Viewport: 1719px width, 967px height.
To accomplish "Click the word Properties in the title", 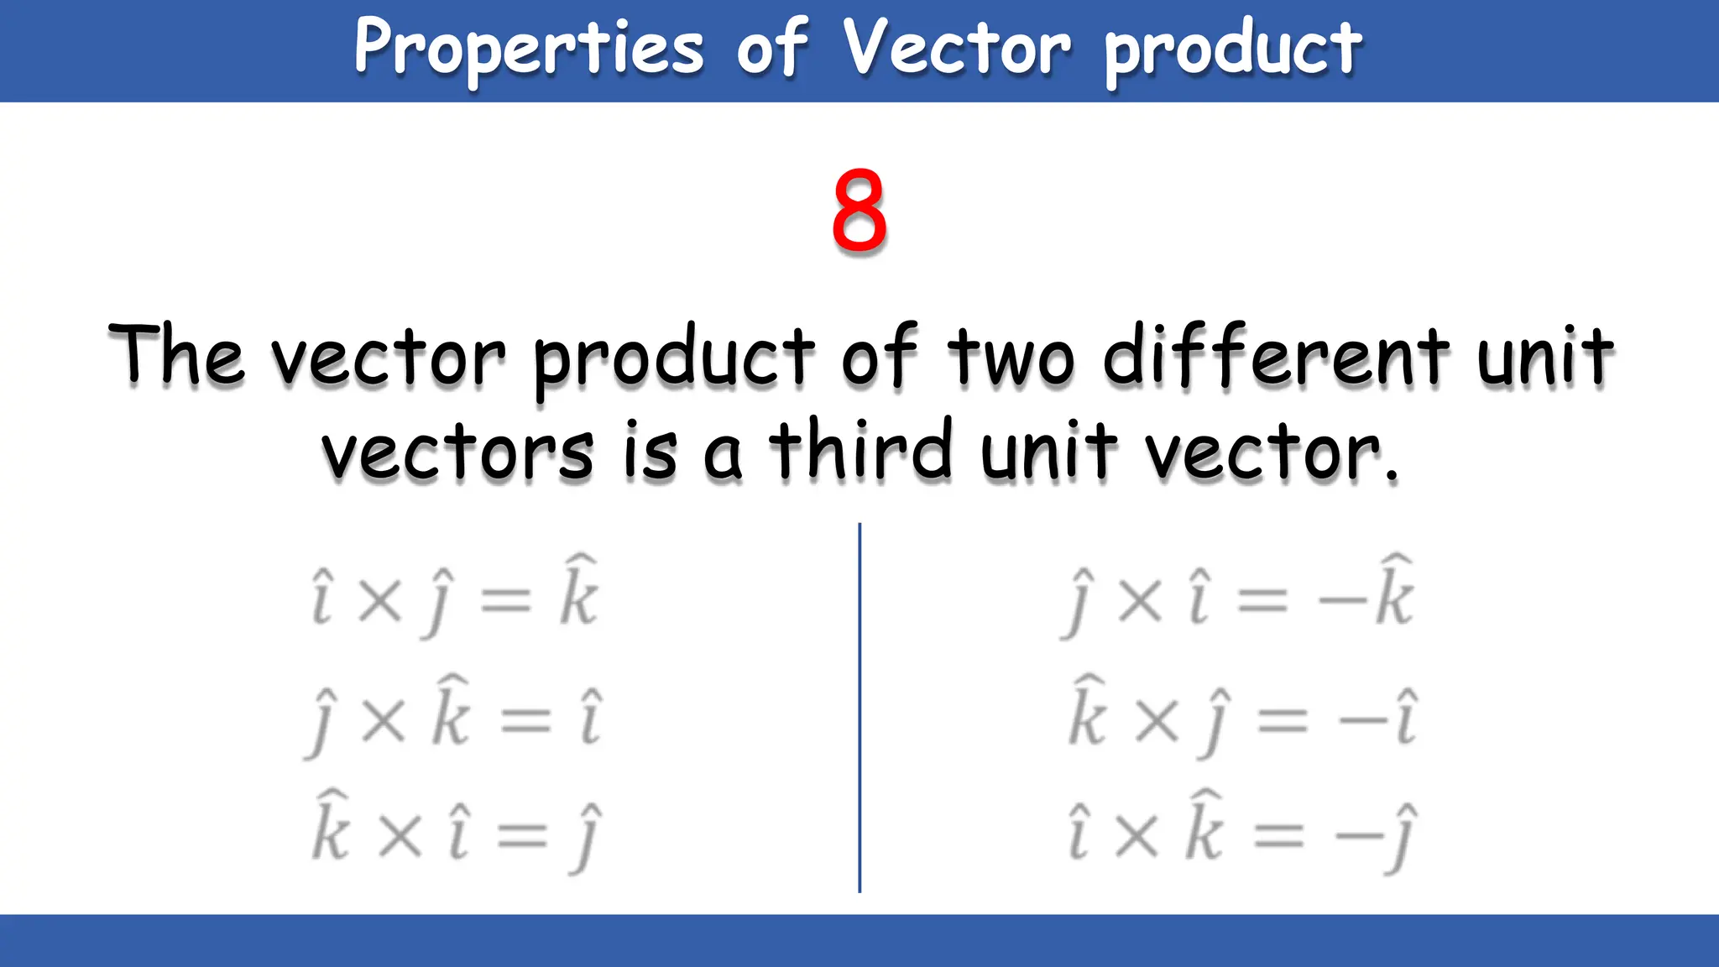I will point(529,49).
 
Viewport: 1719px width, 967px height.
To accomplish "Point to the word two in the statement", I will point(1011,358).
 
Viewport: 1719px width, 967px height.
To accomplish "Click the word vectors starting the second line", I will point(458,453).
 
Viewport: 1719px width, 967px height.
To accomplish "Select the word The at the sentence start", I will point(176,356).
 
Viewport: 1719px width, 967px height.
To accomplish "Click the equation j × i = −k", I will point(1239,596).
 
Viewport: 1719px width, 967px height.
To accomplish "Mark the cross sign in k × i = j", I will point(400,836).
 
